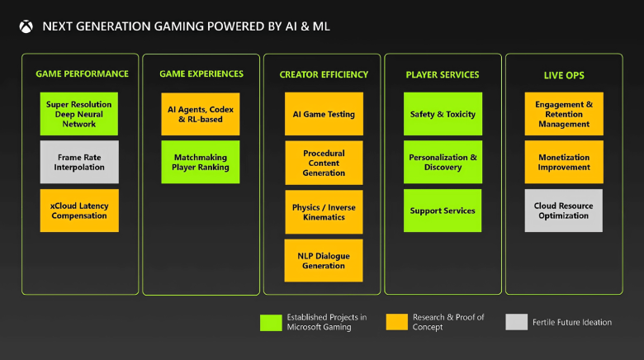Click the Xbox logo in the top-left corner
pyautogui.click(x=26, y=26)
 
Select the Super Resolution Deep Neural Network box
pyautogui.click(x=79, y=114)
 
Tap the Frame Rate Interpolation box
pyautogui.click(x=79, y=162)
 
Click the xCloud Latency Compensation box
pyautogui.click(x=79, y=211)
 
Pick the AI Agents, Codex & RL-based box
pyautogui.click(x=201, y=114)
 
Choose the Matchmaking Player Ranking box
pyautogui.click(x=201, y=162)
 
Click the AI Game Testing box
pyautogui.click(x=324, y=114)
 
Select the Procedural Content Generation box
pyautogui.click(x=324, y=163)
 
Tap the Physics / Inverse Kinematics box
pyautogui.click(x=324, y=212)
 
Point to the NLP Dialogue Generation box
pyautogui.click(x=324, y=261)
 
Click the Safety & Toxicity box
pyautogui.click(x=443, y=114)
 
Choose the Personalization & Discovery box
pyautogui.click(x=443, y=162)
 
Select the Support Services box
pyautogui.click(x=443, y=211)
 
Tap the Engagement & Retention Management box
pyautogui.click(x=564, y=114)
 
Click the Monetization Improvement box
pyautogui.click(x=564, y=162)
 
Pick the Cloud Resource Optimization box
pyautogui.click(x=564, y=211)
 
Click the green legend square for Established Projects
pyautogui.click(x=270, y=322)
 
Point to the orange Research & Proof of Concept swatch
pyautogui.click(x=396, y=322)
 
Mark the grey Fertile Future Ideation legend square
pyautogui.click(x=517, y=322)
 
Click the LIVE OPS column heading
pyautogui.click(x=564, y=75)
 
